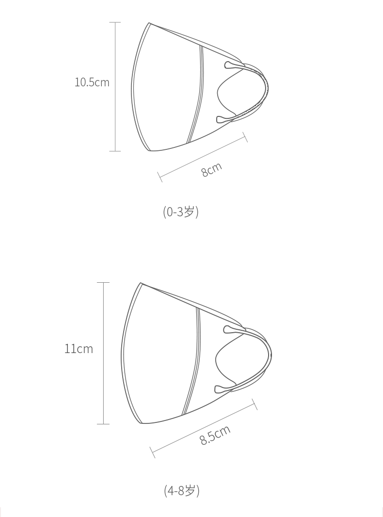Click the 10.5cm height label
click(x=92, y=82)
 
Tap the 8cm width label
click(x=211, y=169)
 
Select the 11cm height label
click(x=79, y=349)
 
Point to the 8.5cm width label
click(x=215, y=435)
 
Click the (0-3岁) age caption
click(x=181, y=211)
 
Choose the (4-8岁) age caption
click(x=182, y=491)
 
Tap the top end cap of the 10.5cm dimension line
click(x=115, y=22)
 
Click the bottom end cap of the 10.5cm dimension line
click(x=115, y=151)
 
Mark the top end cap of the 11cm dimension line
click(x=103, y=283)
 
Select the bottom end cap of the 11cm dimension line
click(x=103, y=424)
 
